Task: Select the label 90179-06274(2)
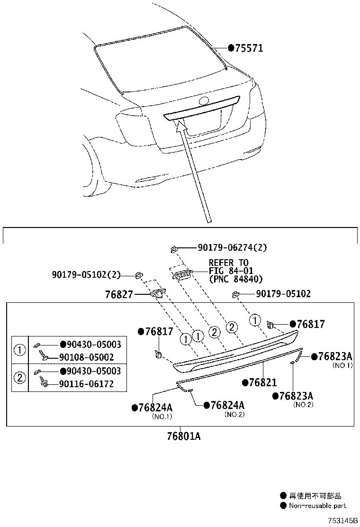pyautogui.click(x=232, y=247)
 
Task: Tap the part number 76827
pyautogui.click(x=118, y=295)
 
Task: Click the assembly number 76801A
pyautogui.click(x=183, y=436)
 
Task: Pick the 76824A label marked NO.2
pyautogui.click(x=227, y=405)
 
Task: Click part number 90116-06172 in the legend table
pyautogui.click(x=86, y=384)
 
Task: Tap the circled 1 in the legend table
pyautogui.click(x=20, y=351)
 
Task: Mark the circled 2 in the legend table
pyautogui.click(x=20, y=378)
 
